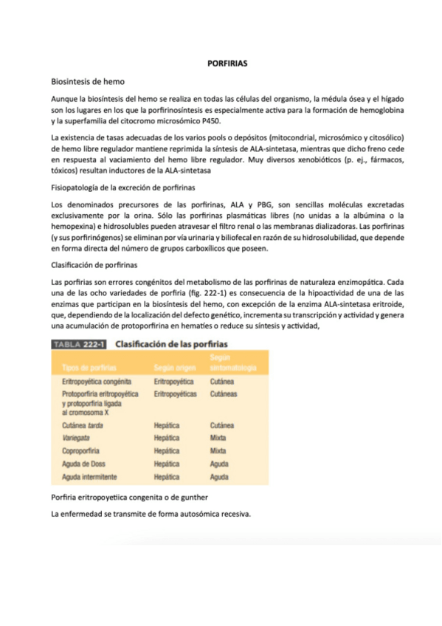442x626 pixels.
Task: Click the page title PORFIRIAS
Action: point(227,63)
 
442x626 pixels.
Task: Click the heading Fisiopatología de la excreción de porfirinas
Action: point(122,188)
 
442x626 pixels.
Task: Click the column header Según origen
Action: point(173,367)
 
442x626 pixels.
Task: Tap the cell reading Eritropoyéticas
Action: point(175,395)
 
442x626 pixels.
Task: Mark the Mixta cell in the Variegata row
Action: point(218,437)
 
